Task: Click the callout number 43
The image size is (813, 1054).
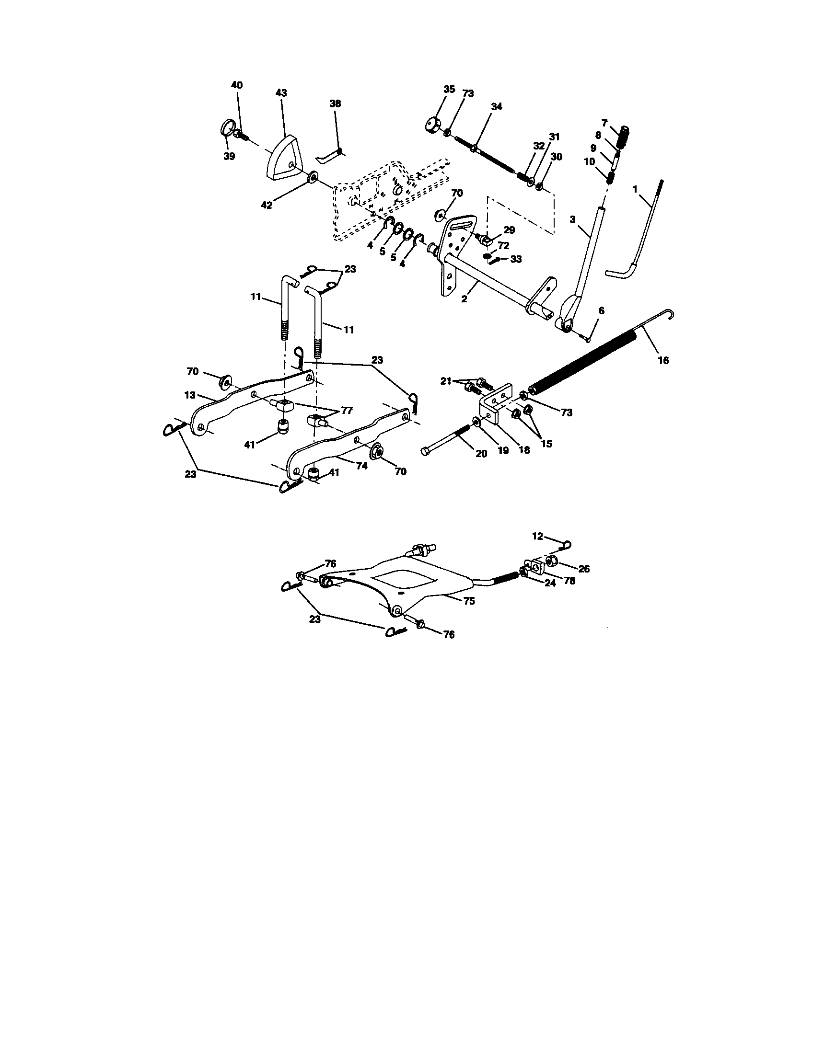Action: [x=281, y=92]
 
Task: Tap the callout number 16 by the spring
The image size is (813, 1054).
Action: [x=663, y=360]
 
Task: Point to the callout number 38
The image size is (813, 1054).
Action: [x=335, y=103]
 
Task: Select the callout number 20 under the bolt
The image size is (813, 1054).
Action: [x=481, y=454]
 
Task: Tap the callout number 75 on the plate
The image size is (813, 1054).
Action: [x=469, y=601]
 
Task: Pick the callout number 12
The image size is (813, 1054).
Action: [x=537, y=536]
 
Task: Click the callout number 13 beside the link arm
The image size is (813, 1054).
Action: [x=190, y=395]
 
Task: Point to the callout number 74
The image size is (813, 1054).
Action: [x=361, y=466]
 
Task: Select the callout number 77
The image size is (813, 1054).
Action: [x=347, y=411]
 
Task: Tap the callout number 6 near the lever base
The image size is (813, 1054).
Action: [x=601, y=311]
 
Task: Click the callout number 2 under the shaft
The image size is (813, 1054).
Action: [x=464, y=299]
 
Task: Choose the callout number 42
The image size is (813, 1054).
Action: [x=267, y=205]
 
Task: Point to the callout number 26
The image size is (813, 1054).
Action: [x=584, y=569]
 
